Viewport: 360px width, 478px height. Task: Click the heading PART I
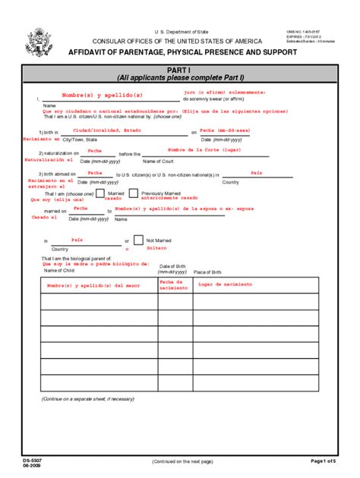(180, 69)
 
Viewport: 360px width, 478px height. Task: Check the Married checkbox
(100, 195)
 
